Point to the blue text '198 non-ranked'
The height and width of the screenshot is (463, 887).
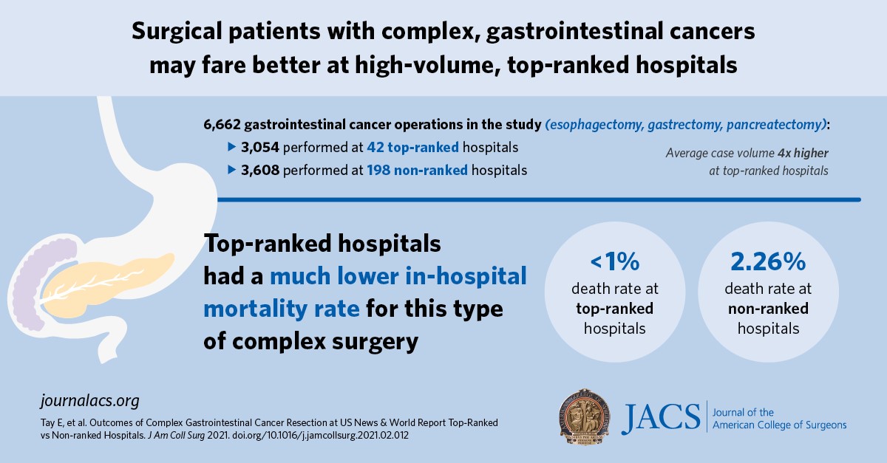coord(417,171)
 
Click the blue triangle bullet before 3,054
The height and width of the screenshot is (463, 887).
coord(231,148)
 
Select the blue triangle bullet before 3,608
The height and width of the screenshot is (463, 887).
coord(231,171)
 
